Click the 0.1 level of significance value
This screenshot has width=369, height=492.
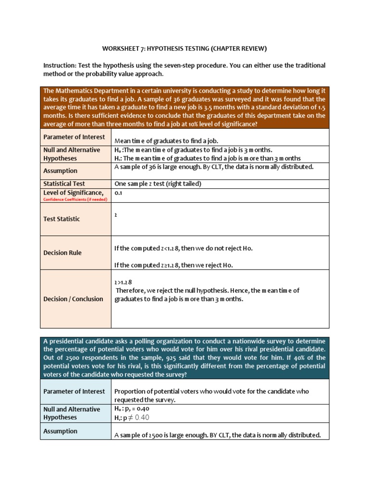[118, 192]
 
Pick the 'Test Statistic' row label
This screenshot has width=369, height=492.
[61, 219]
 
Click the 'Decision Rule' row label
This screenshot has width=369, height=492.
[62, 253]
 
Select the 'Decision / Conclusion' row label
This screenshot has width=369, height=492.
[73, 299]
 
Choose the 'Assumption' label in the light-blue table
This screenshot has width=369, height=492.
[60, 431]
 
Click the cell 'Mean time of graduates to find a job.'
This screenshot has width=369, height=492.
[166, 141]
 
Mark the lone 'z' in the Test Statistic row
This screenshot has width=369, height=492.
[116, 215]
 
